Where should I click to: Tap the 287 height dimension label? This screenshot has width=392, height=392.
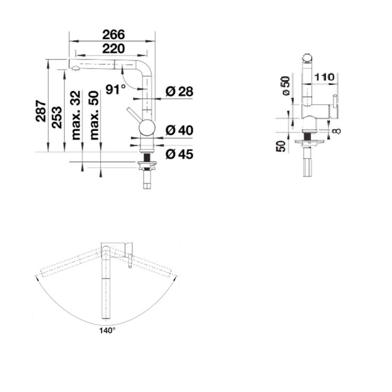point(41,111)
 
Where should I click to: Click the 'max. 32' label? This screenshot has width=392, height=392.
point(75,115)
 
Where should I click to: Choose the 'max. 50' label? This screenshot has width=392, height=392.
point(94,115)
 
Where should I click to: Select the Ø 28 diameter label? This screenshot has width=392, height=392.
point(179,92)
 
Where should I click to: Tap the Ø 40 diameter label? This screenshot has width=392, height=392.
point(179,130)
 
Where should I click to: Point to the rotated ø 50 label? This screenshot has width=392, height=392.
point(286,86)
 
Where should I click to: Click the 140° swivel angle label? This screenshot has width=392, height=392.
point(107,331)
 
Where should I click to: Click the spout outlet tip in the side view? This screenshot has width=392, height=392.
point(75,68)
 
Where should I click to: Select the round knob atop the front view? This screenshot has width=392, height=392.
point(307,58)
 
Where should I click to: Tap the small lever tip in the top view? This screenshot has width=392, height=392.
point(130,266)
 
